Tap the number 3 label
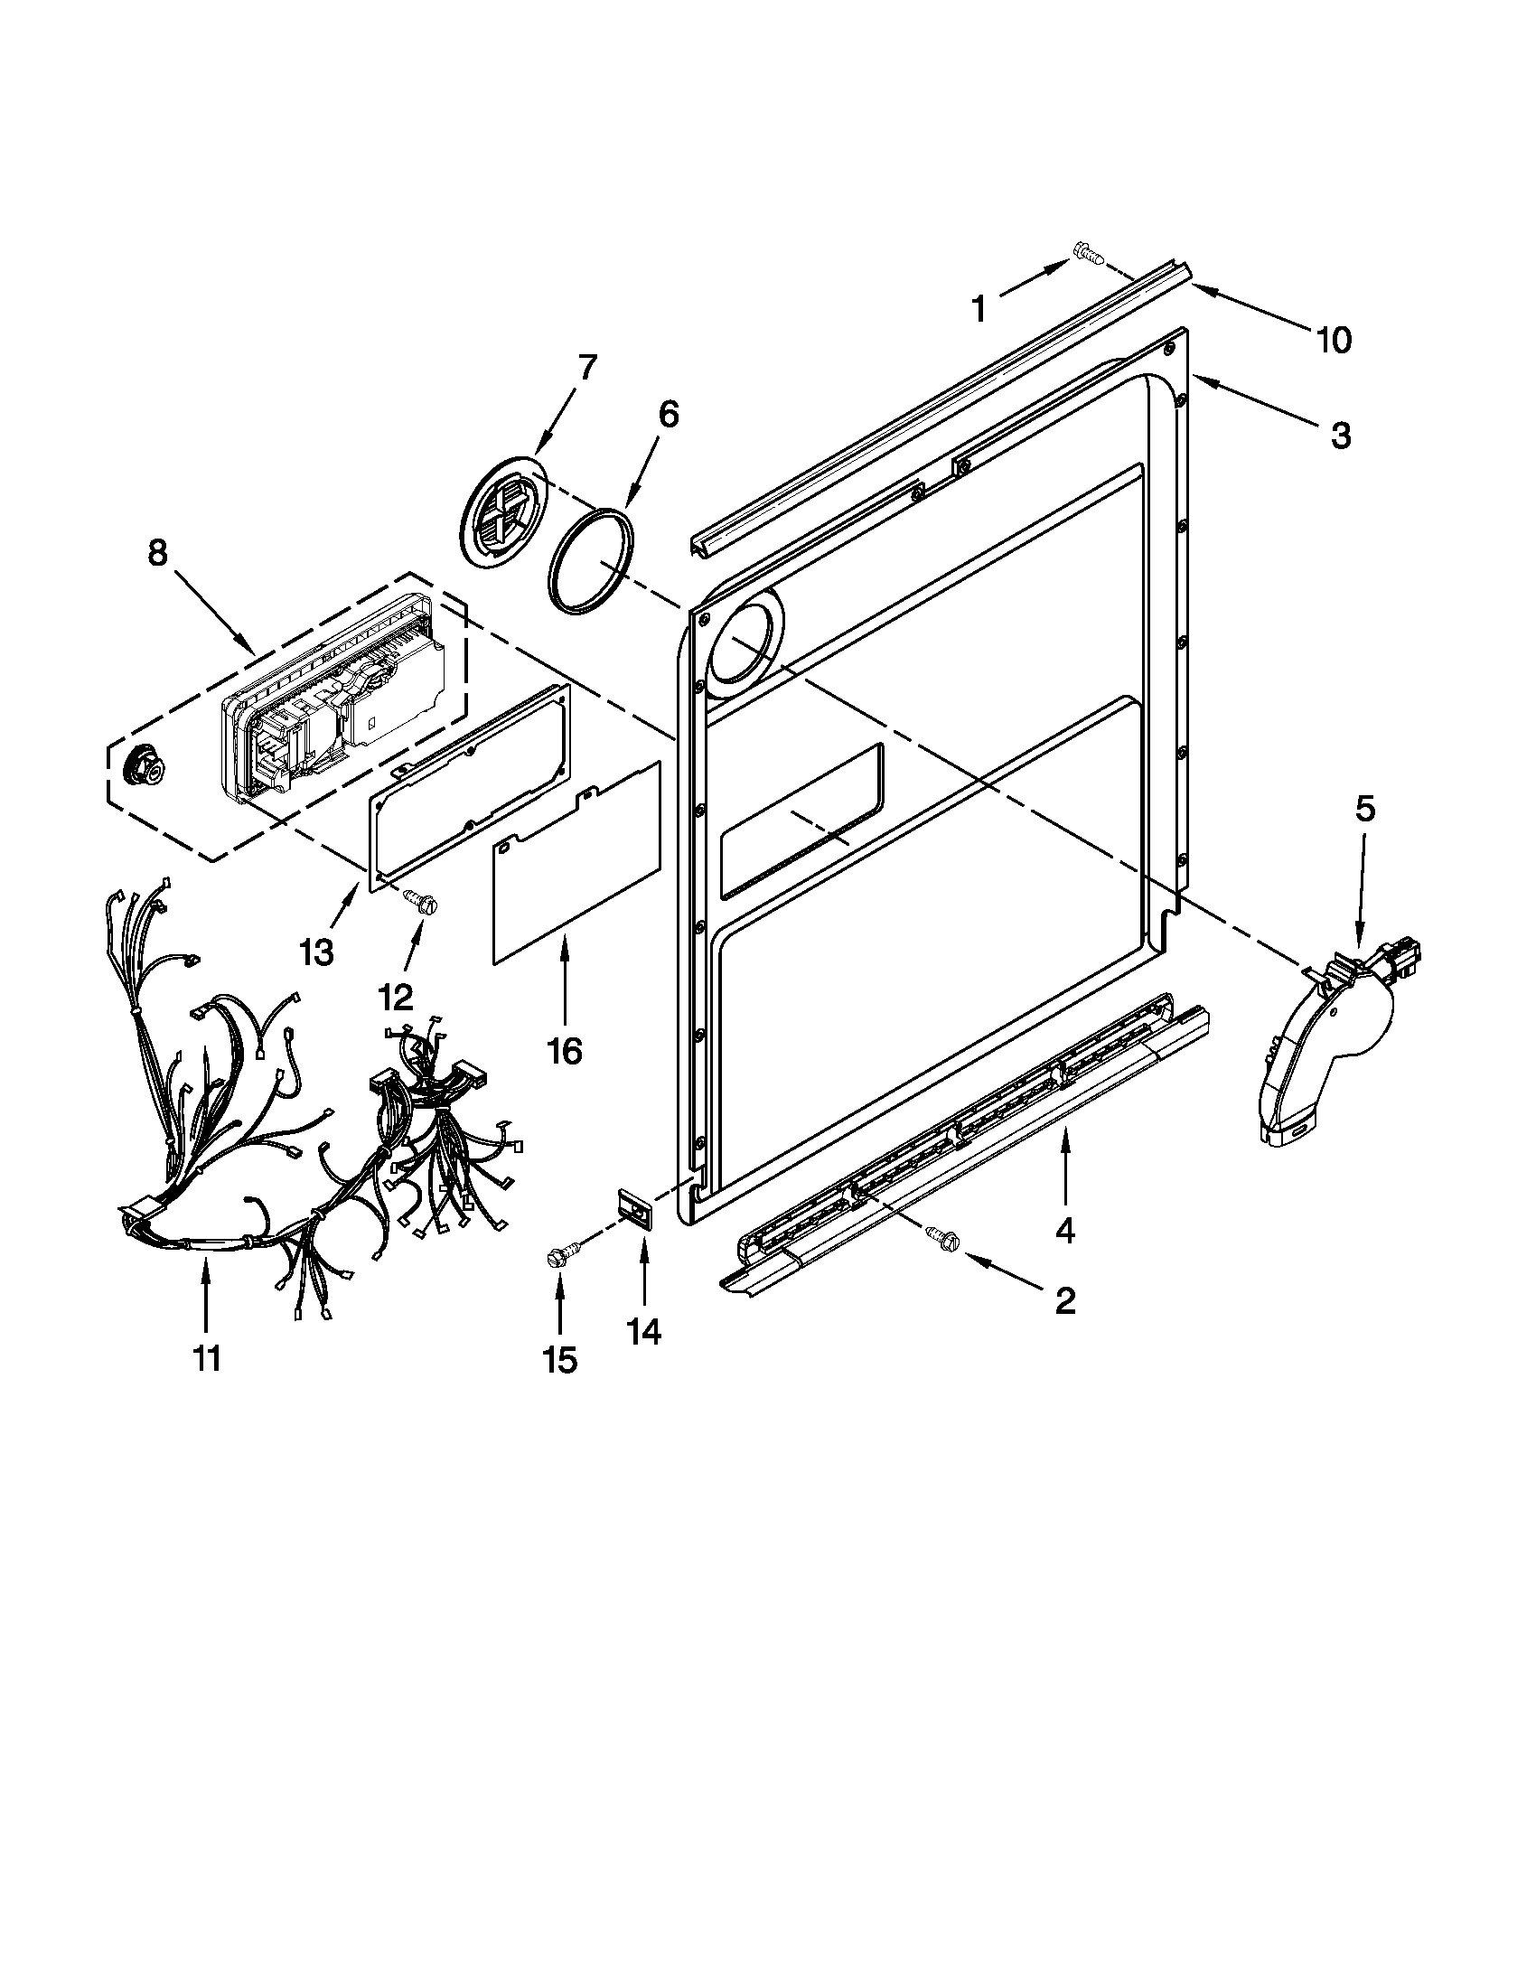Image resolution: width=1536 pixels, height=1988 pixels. tap(1340, 436)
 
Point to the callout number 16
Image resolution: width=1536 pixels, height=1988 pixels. tap(564, 1050)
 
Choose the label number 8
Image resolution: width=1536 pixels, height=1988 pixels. tap(157, 552)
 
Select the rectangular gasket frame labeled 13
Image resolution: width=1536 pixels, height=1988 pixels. tap(464, 774)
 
